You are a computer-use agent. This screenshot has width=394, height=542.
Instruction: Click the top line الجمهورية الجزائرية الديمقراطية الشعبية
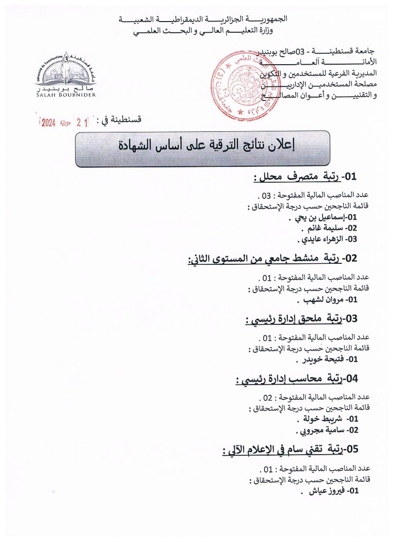point(203,19)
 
